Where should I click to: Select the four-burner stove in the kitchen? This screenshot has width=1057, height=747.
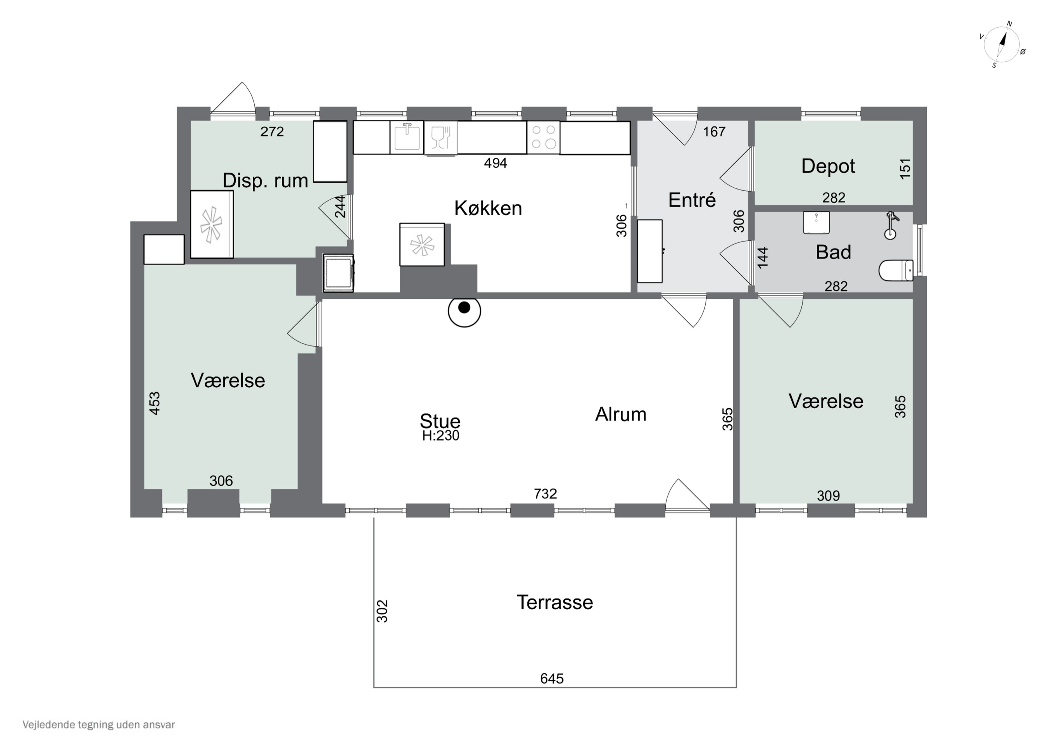coord(543,137)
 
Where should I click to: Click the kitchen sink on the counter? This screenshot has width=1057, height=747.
coord(407,137)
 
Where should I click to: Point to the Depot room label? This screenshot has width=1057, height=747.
coord(828,166)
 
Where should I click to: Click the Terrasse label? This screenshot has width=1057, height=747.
coord(555,603)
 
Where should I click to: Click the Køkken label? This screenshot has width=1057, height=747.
coord(488,208)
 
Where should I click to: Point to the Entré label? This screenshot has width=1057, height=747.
coord(692,200)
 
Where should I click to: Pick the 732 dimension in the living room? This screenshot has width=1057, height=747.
coord(545,494)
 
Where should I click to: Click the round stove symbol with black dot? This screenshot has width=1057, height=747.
coord(464,311)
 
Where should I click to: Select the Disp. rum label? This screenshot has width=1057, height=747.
coord(265,181)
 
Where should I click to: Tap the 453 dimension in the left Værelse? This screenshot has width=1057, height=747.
coord(155,403)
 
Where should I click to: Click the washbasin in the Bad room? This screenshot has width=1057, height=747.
coord(816,223)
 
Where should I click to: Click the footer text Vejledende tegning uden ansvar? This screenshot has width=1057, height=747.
coord(99,724)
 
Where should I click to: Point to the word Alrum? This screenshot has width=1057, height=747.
coord(620,415)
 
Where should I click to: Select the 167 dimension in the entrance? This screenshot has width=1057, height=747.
coord(714,132)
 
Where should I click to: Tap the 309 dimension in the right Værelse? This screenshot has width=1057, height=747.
coord(828,496)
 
